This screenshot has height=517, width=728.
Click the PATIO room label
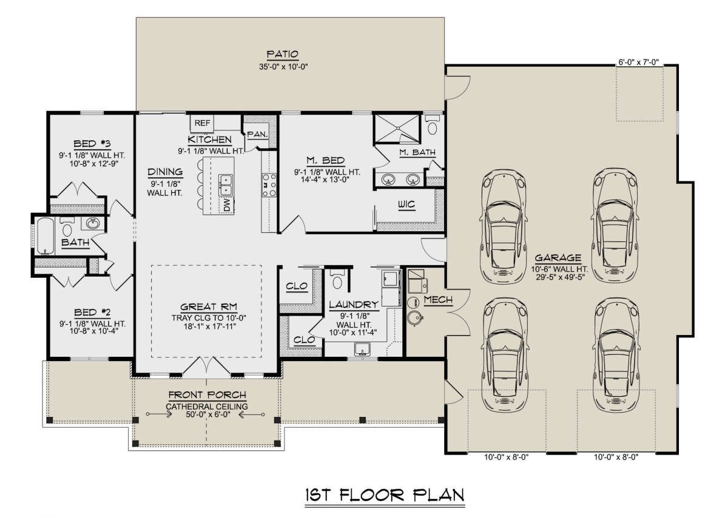click(x=283, y=54)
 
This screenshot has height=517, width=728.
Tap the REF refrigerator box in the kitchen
click(x=202, y=123)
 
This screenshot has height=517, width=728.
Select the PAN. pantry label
click(x=257, y=134)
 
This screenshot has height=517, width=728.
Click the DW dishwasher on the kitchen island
click(x=227, y=205)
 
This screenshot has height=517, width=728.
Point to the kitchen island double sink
click(x=226, y=184)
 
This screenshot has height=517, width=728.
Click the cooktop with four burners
click(x=269, y=185)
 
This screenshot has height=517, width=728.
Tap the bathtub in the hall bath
click(x=45, y=236)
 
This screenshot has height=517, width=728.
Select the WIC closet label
click(x=406, y=204)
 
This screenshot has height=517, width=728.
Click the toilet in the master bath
click(x=432, y=125)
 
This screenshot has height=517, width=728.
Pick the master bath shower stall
click(x=397, y=129)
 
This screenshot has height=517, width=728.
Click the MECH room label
click(x=438, y=300)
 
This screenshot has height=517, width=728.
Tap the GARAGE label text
click(x=558, y=258)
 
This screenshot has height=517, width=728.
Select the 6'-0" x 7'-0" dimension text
click(x=638, y=62)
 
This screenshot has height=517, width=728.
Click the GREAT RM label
click(x=209, y=307)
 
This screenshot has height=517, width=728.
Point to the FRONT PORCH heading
click(x=207, y=395)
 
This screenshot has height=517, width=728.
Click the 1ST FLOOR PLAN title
click(x=385, y=495)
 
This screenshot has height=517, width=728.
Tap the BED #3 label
click(x=92, y=143)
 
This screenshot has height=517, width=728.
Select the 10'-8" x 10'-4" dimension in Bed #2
click(x=93, y=331)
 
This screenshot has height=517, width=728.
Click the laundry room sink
click(x=362, y=350)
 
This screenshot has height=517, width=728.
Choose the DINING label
click(x=165, y=172)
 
